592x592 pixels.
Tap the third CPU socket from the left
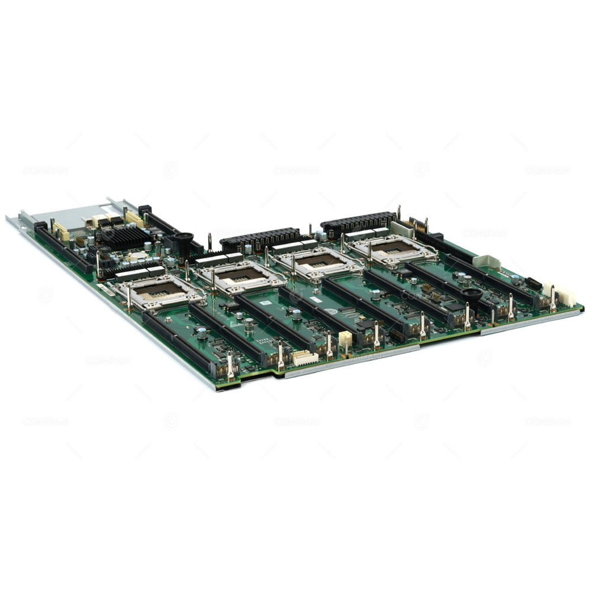pyautogui.click(x=319, y=261)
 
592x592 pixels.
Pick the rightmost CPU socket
pyautogui.click(x=393, y=247)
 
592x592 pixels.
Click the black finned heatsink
pyautogui.click(x=125, y=237)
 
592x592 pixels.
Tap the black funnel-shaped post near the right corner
pyautogui.click(x=472, y=296)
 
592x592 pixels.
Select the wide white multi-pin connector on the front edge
pyautogui.click(x=305, y=357)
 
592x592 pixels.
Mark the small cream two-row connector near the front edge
pyautogui.click(x=345, y=339)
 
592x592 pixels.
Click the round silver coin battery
pyautogui.click(x=136, y=256)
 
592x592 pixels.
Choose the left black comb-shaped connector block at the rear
pyautogui.click(x=260, y=237)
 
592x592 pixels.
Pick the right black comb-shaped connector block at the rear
pyautogui.click(x=359, y=222)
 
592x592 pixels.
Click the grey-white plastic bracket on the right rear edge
pyautogui.click(x=486, y=261)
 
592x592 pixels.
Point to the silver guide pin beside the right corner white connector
pyautogui.click(x=552, y=296)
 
